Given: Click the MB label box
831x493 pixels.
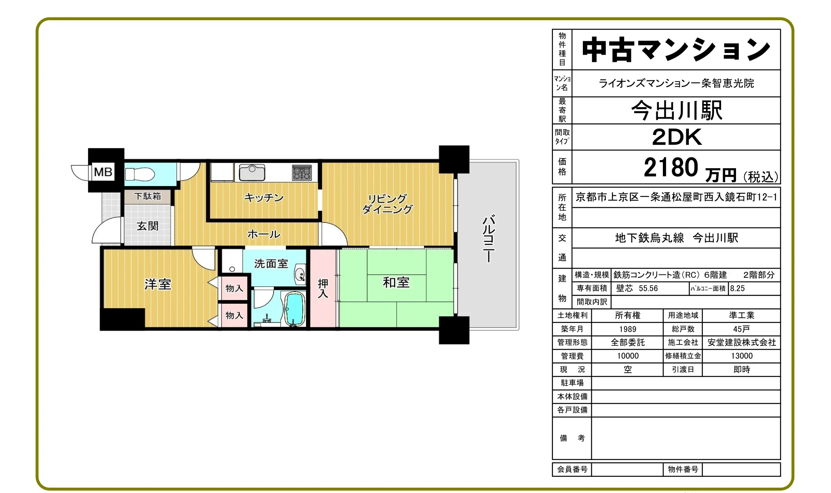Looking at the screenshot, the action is coord(103,172).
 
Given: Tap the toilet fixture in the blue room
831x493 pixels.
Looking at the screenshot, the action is coord(140,174).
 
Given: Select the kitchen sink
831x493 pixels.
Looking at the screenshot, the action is coord(252,172).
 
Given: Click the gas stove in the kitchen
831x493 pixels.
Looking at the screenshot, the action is coord(302,173).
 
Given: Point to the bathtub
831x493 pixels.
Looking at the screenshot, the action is coord(295,309).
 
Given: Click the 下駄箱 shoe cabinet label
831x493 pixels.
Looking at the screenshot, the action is coord(148,196).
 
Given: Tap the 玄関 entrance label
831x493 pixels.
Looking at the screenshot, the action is coord(148,226).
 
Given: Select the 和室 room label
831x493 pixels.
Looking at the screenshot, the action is coord(396,282).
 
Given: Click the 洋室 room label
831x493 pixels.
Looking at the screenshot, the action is coord(158,284).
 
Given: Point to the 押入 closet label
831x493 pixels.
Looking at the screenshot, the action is coord(323,288).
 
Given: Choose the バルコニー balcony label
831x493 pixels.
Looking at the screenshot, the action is coord(489,239).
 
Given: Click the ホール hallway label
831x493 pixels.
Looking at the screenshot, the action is coord(264,234).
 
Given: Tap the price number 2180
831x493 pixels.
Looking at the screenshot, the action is coord(671,167).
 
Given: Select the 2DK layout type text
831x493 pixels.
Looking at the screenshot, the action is coord(677,137).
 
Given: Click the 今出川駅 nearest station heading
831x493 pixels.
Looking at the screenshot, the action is coord(677,110).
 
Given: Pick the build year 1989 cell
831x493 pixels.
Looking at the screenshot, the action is coord(627,329).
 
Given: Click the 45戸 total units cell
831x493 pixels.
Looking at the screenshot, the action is coord(741,329).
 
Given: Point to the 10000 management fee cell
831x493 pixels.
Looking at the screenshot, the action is coord(628,356).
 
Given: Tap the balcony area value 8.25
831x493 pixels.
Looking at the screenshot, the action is coord(737,288).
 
